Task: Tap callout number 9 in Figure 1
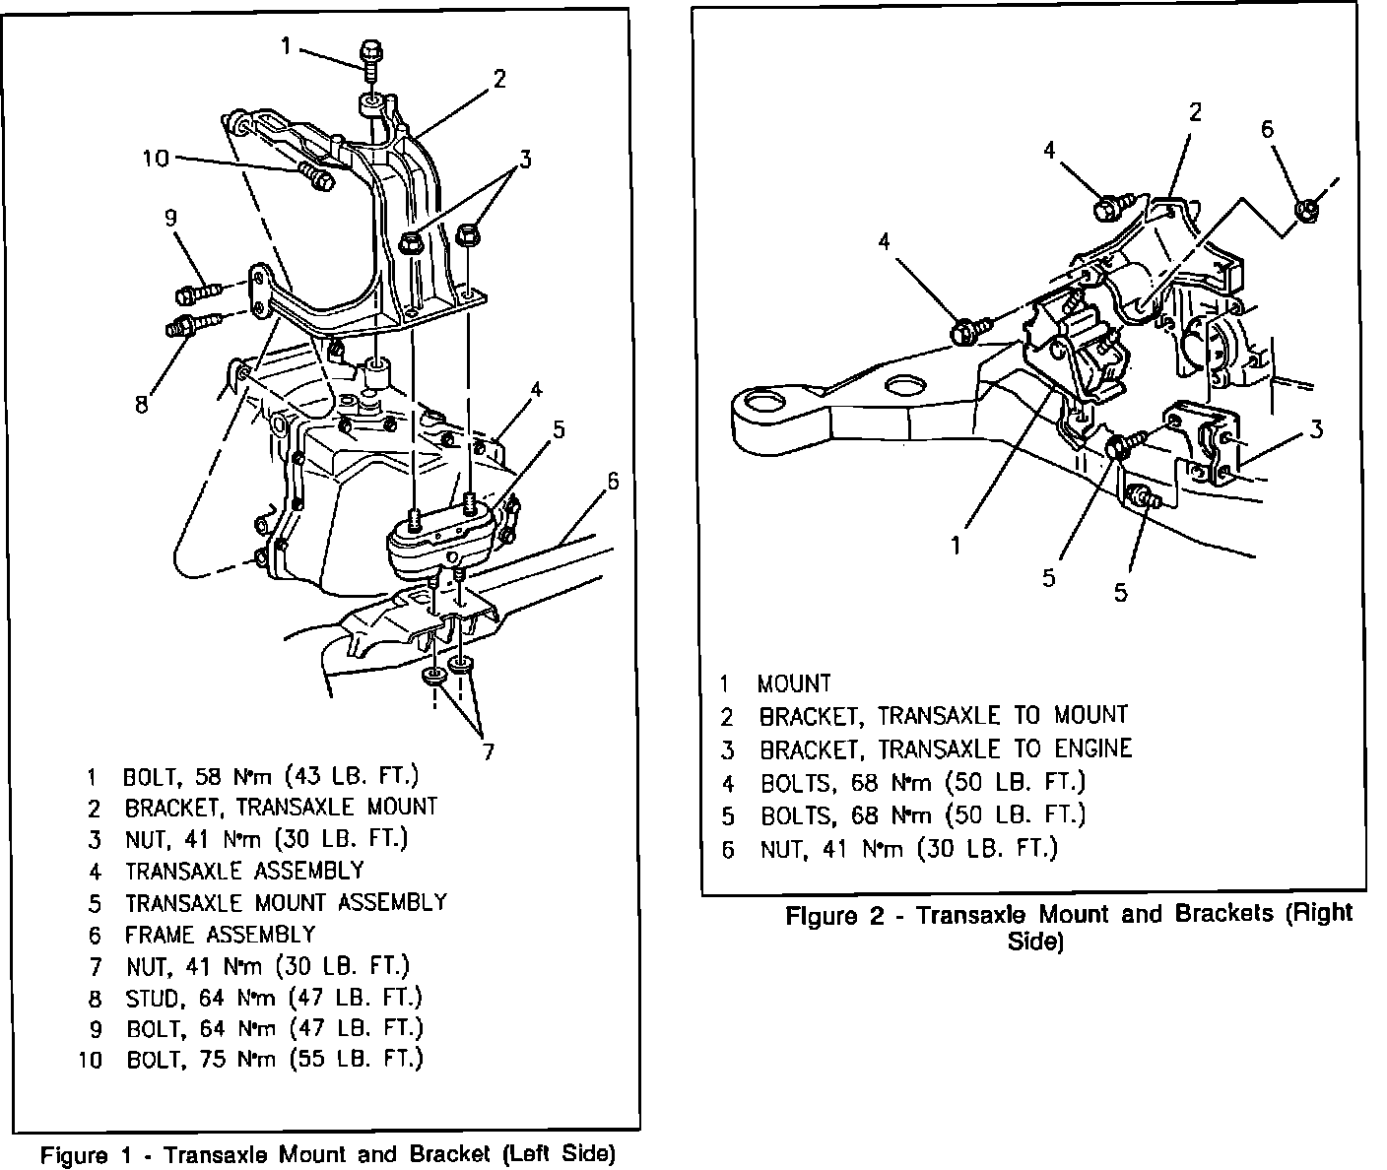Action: click(x=170, y=218)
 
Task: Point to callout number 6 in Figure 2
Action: click(x=1267, y=129)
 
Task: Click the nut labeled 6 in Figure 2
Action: click(x=1307, y=209)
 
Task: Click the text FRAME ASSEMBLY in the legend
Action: click(x=220, y=934)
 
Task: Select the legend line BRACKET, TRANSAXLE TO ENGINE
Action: click(x=945, y=749)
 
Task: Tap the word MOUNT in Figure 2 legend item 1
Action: click(x=794, y=683)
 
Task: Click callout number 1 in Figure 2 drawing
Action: click(x=956, y=544)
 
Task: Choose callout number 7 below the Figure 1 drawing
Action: click(x=488, y=752)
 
